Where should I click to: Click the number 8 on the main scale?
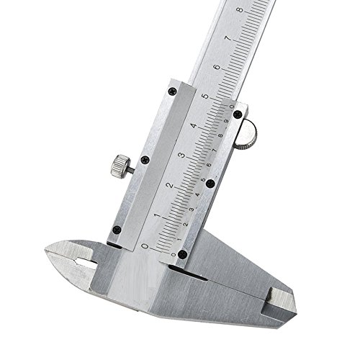pyautogui.click(x=240, y=10)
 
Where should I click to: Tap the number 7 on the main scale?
pyautogui.click(x=228, y=38)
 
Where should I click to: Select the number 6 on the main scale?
pyautogui.click(x=217, y=67)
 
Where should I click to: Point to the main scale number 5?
pyautogui.click(x=205, y=96)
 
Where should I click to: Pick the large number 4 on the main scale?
pyautogui.click(x=194, y=125)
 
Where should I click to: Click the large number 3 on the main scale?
pyautogui.click(x=182, y=156)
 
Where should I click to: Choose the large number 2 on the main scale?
pyautogui.click(x=170, y=186)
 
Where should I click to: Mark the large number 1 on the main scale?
pyautogui.click(x=158, y=215)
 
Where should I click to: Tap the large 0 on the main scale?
pyautogui.click(x=145, y=246)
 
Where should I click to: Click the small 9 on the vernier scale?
pyautogui.click(x=226, y=121)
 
